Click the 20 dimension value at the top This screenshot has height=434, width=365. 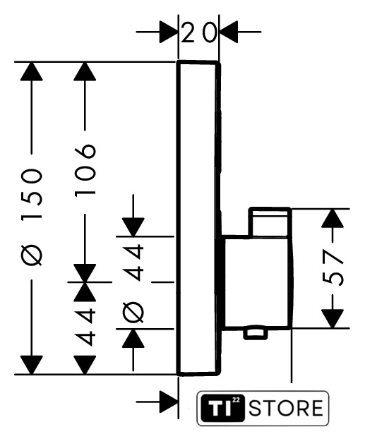tap(198, 32)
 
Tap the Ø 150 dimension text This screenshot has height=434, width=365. tap(32, 217)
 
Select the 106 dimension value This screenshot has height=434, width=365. tap(85, 170)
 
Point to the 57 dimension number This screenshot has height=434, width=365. tap(333, 267)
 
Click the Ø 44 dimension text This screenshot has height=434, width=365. tap(133, 283)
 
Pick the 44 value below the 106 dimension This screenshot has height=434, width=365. tap(85, 327)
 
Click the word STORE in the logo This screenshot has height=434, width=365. tap(286, 408)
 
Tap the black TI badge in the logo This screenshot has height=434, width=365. tap(222, 408)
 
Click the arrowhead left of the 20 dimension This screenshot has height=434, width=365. tap(168, 32)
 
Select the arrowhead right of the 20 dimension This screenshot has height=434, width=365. tap(229, 32)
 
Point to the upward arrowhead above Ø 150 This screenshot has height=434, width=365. tap(32, 71)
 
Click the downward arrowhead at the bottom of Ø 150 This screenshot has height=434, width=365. tap(32, 365)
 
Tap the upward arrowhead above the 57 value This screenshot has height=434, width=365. tap(333, 218)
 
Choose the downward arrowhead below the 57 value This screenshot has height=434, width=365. tap(333, 319)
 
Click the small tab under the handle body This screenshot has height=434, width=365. tap(256, 334)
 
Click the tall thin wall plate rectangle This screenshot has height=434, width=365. tap(198, 218)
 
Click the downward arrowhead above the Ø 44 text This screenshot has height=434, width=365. tap(133, 227)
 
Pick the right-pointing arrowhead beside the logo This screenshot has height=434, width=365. tap(168, 402)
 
